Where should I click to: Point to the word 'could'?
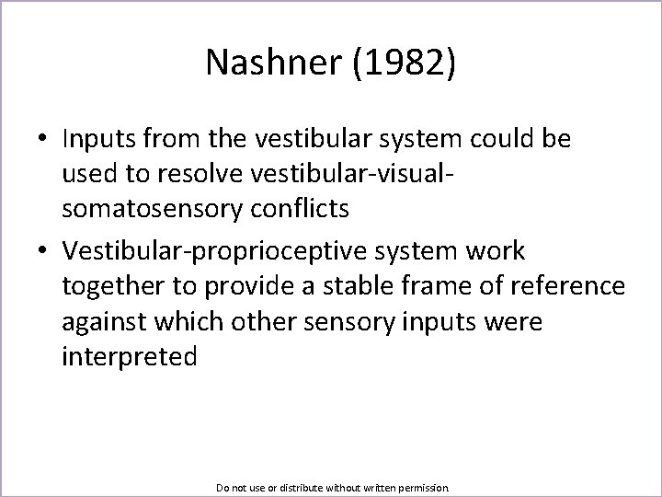point(494,139)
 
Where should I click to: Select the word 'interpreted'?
point(130,356)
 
